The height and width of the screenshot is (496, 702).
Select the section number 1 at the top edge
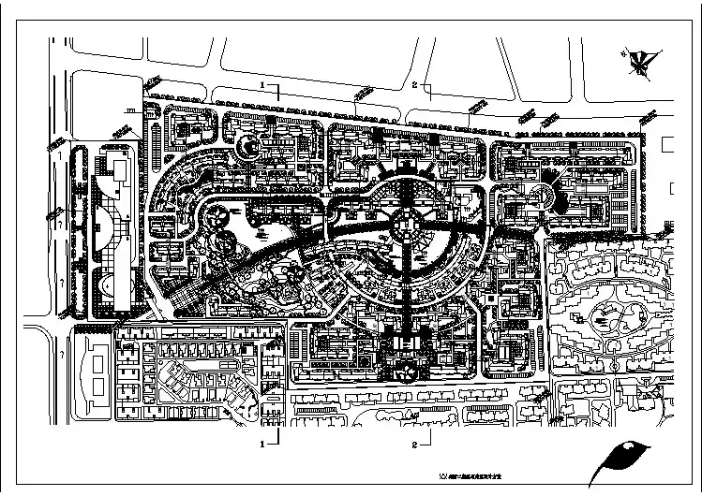(x=265, y=85)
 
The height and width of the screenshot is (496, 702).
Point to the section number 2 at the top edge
(x=414, y=85)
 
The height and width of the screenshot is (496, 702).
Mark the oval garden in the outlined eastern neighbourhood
(x=606, y=312)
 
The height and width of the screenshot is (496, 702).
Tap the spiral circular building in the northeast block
(x=541, y=196)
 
